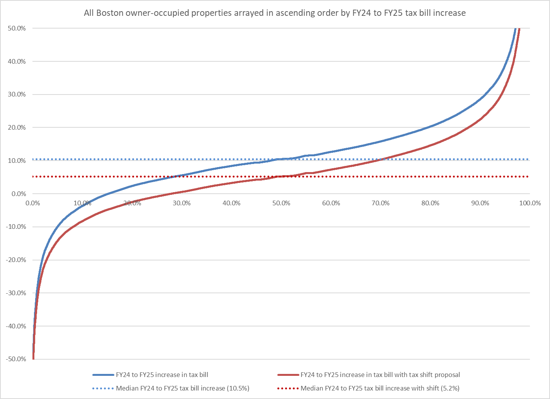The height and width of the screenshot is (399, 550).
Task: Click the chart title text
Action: [x=275, y=13]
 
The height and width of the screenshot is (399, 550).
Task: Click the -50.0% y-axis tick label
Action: [x=15, y=359]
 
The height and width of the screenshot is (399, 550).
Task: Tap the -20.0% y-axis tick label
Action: [x=15, y=260]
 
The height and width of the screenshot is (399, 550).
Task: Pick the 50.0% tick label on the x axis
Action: [x=281, y=203]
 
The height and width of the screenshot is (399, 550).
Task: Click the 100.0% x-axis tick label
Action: [x=530, y=203]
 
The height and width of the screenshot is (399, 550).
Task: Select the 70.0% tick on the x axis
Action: [x=380, y=203]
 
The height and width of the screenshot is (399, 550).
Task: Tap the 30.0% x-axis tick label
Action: [x=182, y=203]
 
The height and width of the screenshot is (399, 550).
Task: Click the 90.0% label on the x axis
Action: [x=480, y=203]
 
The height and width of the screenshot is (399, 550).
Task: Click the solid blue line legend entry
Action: [x=162, y=375]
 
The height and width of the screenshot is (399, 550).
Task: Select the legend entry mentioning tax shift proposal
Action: [x=380, y=375]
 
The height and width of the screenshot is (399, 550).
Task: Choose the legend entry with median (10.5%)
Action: [x=182, y=388]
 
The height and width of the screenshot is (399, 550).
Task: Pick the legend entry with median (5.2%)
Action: [x=380, y=388]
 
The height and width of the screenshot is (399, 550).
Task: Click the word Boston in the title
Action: [x=109, y=13]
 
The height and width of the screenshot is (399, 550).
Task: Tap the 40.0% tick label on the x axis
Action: [x=231, y=203]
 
